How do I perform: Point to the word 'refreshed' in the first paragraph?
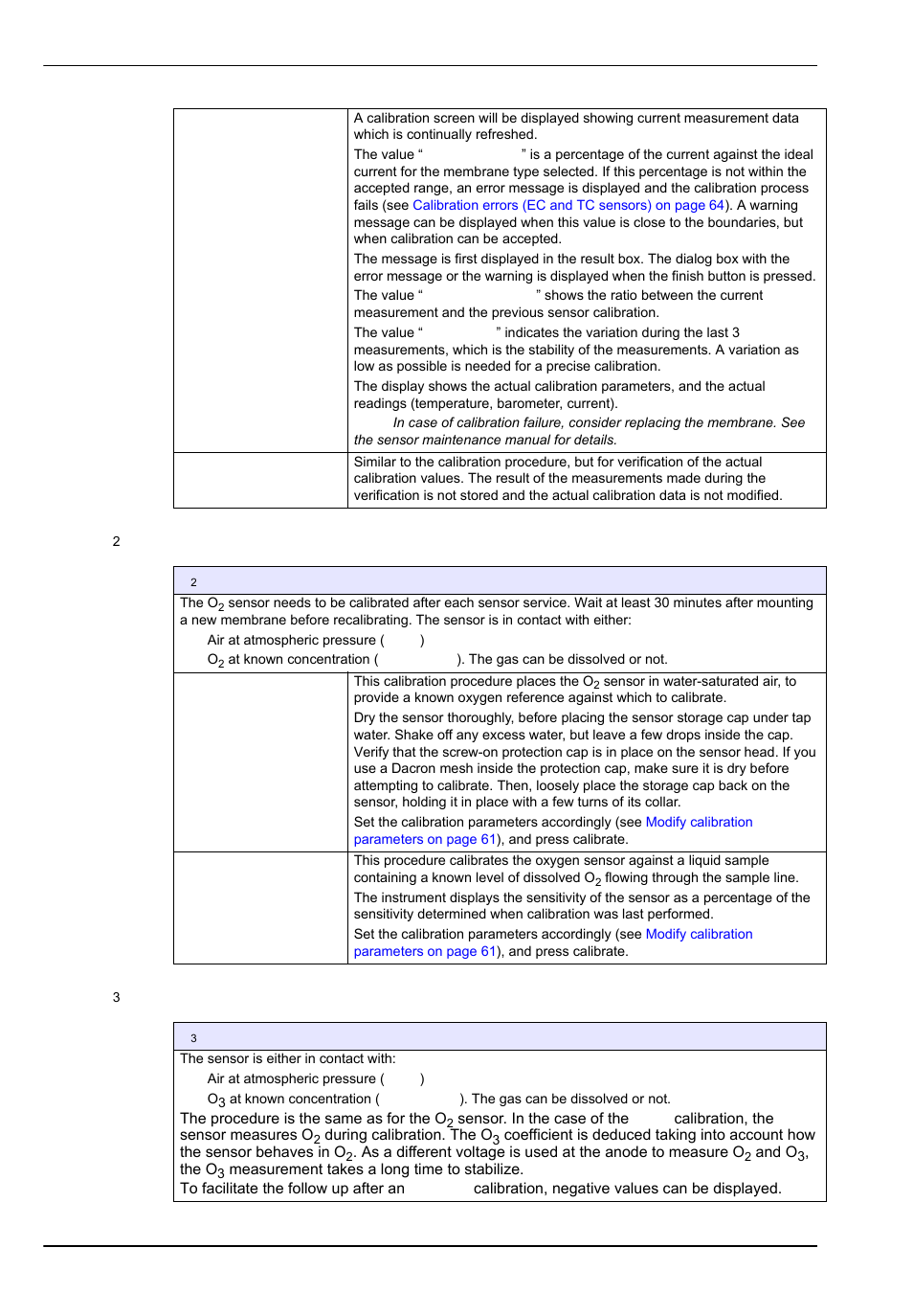(x=504, y=135)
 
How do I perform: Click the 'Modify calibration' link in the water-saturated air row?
(x=699, y=822)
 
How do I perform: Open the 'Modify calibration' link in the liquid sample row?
(x=699, y=934)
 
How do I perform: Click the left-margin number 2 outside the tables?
(x=117, y=541)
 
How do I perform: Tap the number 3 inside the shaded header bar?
(x=193, y=1038)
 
